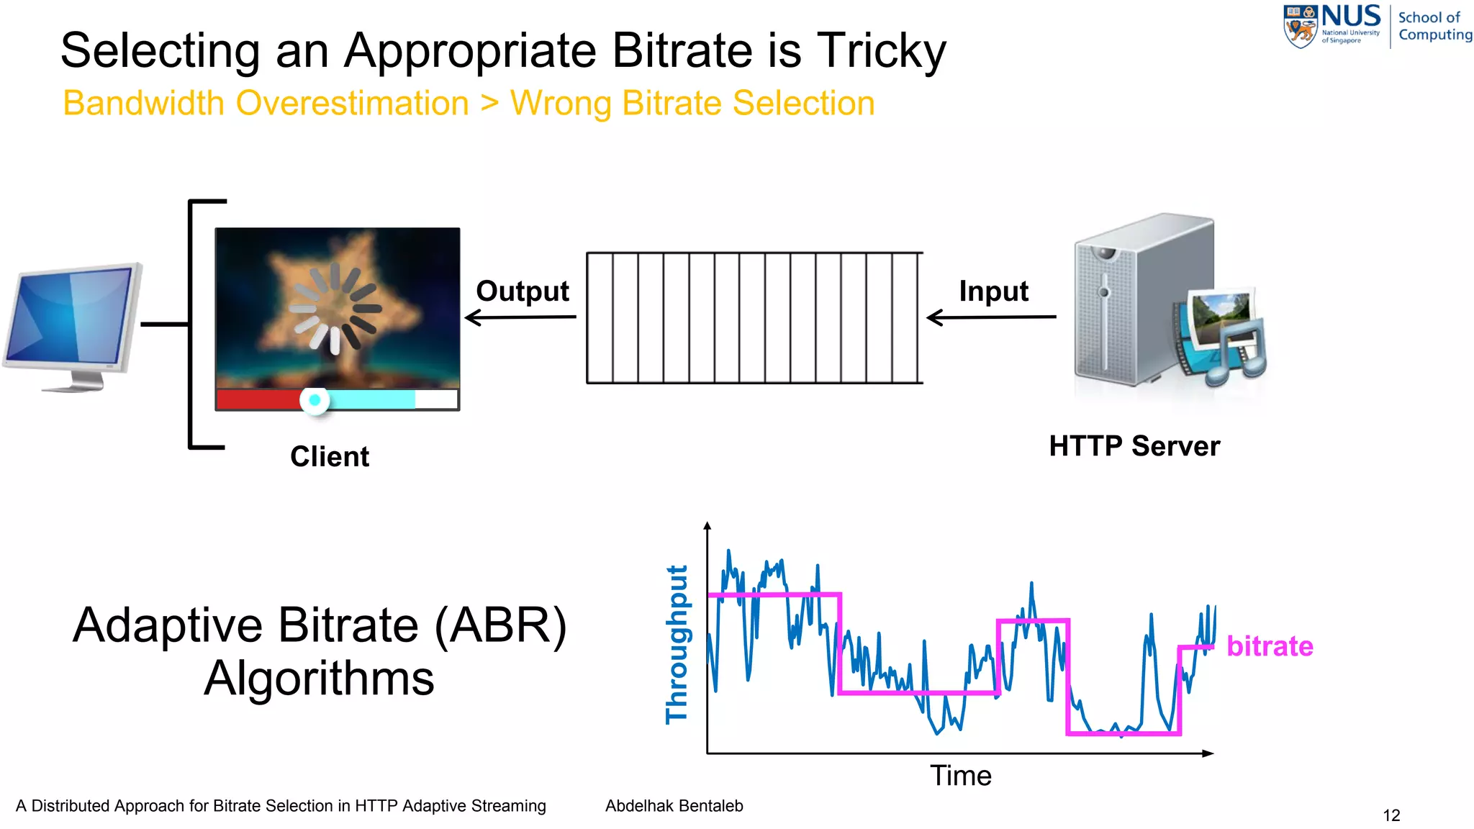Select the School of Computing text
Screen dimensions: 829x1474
coord(1434,26)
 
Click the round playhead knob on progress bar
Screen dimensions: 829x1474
coord(315,400)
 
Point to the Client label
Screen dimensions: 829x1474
coord(330,456)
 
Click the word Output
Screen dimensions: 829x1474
coord(522,291)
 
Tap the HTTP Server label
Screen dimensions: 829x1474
coord(1134,446)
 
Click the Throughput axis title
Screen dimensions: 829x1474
coord(677,644)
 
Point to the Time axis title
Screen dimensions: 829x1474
coord(960,776)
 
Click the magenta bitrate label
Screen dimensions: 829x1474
coord(1270,646)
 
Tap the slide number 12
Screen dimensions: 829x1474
coord(1391,815)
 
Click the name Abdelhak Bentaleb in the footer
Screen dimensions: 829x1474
coord(674,806)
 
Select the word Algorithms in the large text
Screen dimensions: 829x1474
coord(319,678)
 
